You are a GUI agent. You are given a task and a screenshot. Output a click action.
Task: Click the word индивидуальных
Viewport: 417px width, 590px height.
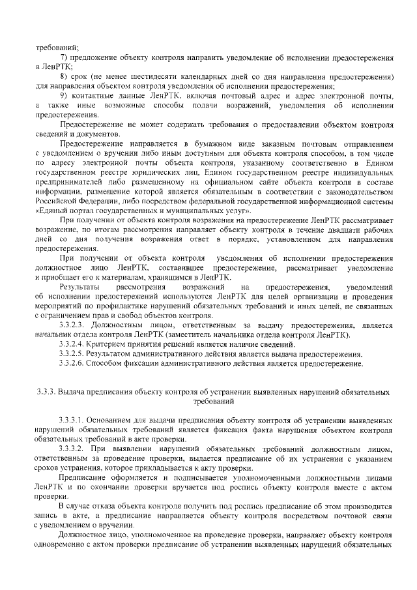click(360, 170)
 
